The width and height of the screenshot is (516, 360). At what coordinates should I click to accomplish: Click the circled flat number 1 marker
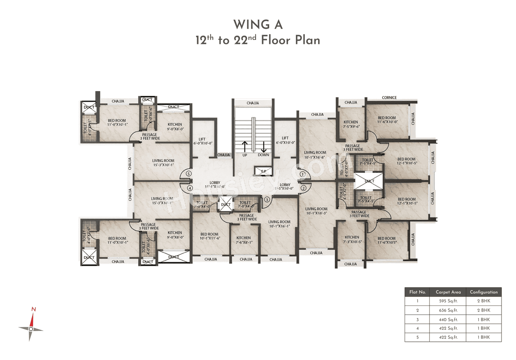pos(302,174)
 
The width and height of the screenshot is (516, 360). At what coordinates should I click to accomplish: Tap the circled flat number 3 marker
pos(266,199)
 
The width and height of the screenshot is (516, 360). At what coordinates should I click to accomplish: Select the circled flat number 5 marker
pos(188,174)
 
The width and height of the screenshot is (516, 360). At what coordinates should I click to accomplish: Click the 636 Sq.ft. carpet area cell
pos(448,310)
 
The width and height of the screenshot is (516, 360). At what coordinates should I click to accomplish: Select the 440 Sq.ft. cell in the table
pos(448,319)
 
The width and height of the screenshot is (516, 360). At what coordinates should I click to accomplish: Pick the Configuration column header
pos(483,292)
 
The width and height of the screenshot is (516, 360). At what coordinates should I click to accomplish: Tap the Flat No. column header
pos(417,292)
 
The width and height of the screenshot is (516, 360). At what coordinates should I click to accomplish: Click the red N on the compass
pos(34,310)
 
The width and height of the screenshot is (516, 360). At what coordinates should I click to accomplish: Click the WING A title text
pos(258,25)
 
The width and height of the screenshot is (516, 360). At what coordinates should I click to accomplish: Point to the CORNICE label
pos(389,98)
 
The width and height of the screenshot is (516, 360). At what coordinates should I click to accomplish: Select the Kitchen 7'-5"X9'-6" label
pos(351,124)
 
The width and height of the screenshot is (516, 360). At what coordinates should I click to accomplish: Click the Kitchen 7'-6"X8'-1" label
pos(243,240)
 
